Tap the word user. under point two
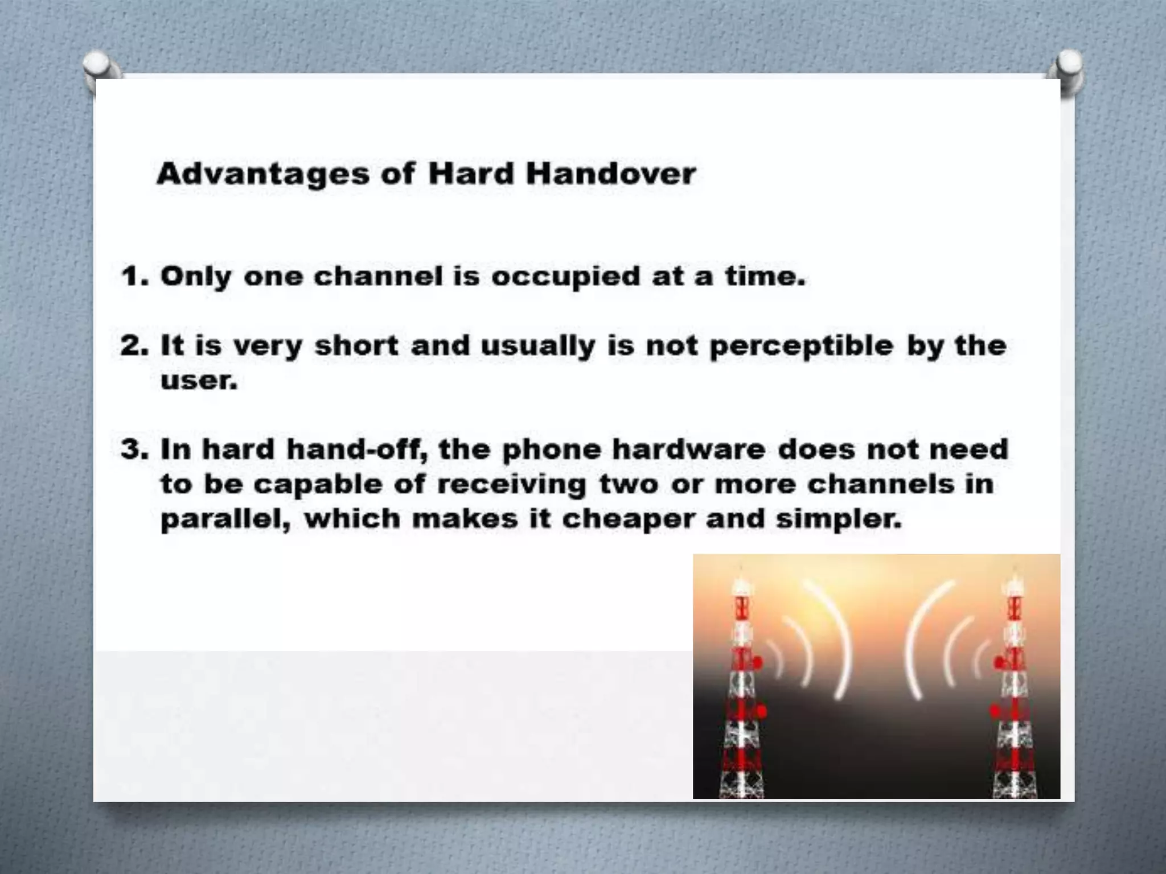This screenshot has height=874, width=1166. (199, 380)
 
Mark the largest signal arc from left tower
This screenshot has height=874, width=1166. (837, 637)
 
